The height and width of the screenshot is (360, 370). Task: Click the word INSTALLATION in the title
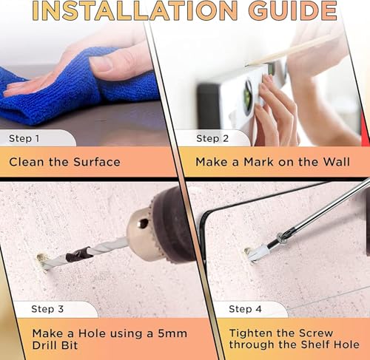(x=135, y=10)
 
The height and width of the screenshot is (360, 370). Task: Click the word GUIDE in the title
(x=292, y=10)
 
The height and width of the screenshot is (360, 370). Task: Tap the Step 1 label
(x=24, y=138)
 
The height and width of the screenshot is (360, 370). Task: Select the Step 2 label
(x=212, y=138)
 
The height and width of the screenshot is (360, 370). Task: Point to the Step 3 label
(x=47, y=309)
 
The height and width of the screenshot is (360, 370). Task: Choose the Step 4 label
(x=245, y=309)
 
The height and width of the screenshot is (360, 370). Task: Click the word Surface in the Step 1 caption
(x=97, y=162)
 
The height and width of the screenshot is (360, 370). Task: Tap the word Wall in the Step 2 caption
(x=337, y=162)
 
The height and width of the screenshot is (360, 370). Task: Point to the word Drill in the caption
(x=45, y=345)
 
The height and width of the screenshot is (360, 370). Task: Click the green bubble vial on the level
(x=248, y=98)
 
